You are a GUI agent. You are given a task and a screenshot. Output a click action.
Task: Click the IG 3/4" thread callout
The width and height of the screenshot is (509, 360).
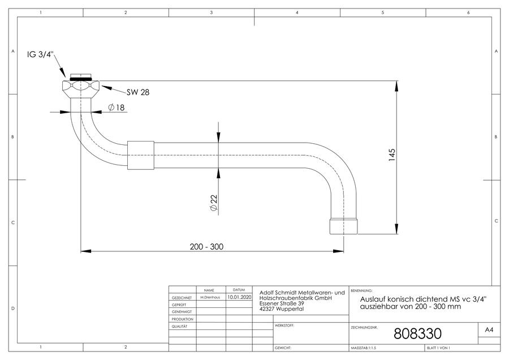(x=40, y=54)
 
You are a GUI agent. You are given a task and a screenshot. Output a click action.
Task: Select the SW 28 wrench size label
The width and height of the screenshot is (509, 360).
(x=138, y=92)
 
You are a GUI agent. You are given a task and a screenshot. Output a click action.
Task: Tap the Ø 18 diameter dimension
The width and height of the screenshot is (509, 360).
(x=116, y=107)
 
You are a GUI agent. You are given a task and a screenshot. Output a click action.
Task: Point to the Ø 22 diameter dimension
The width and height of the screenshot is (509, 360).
(x=214, y=203)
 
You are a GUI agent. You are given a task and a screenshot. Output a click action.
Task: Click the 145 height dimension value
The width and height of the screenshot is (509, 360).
(x=392, y=155)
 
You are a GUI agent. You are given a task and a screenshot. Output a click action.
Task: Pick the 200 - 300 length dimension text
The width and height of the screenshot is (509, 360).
(x=207, y=247)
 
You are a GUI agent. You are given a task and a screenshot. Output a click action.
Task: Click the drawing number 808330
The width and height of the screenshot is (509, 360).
(x=418, y=333)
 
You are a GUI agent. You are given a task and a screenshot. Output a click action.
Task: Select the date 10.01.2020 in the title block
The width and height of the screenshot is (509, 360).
(x=239, y=297)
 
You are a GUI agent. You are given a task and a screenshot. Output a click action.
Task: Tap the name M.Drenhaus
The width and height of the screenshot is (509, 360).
(x=210, y=297)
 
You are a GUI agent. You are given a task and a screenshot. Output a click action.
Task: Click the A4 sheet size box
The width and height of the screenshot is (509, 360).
(x=489, y=330)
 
